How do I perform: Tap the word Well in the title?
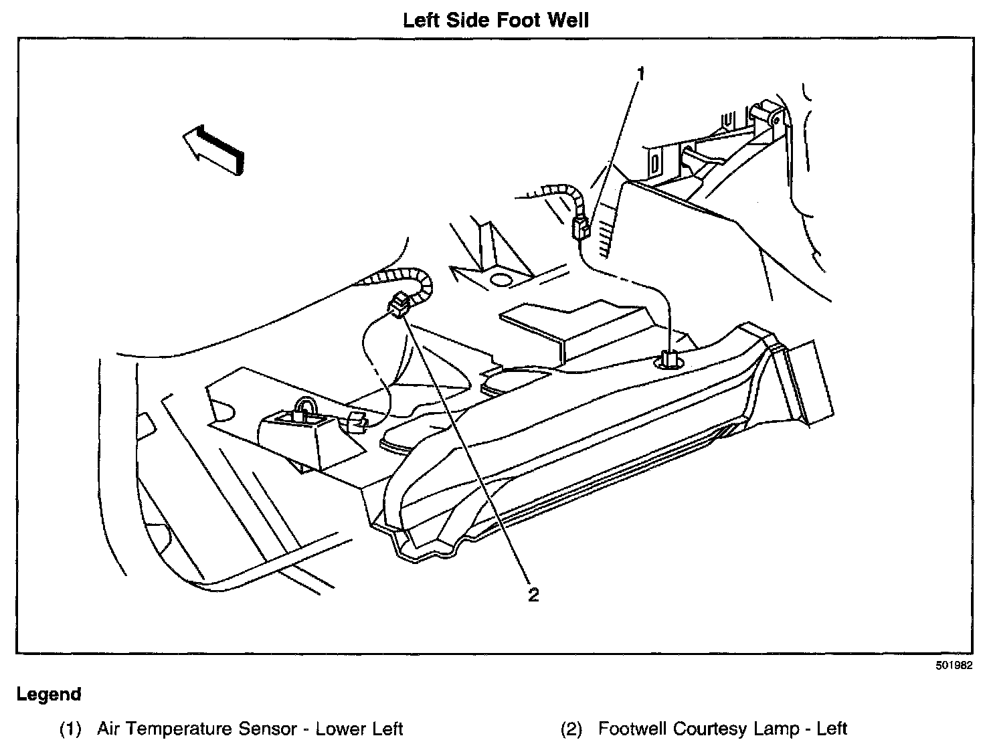tap(567, 20)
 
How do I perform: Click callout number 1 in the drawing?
tap(640, 73)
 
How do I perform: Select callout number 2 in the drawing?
tap(533, 594)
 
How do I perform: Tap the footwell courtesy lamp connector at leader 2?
tap(399, 306)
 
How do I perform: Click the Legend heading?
tap(49, 694)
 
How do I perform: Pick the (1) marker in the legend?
tap(71, 729)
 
